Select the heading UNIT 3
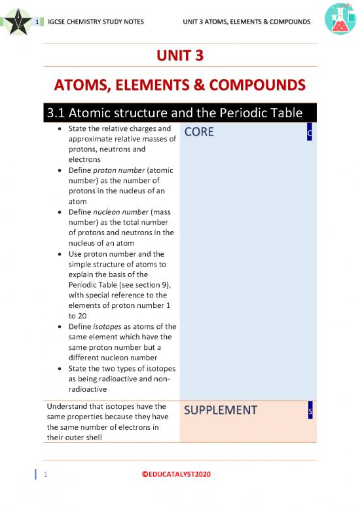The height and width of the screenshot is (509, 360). [179, 57]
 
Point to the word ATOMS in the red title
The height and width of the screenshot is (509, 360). [82, 86]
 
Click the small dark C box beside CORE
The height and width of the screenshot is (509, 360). [310, 133]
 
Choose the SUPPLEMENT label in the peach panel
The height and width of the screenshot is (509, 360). [221, 410]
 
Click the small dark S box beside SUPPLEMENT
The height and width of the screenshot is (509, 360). [310, 410]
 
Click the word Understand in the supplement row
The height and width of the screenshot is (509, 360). [68, 405]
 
